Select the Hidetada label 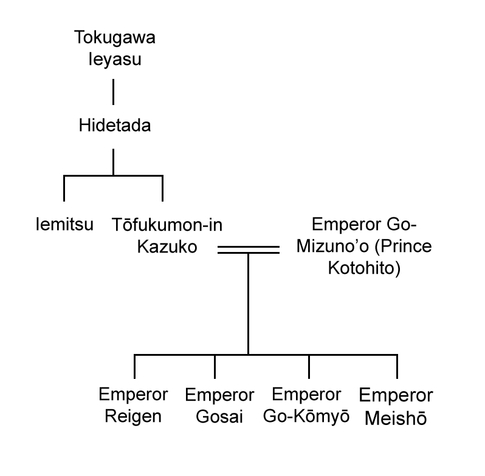(x=115, y=126)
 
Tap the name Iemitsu (x=64, y=225)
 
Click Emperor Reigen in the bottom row (x=133, y=406)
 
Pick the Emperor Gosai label (x=219, y=406)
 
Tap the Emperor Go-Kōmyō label (x=308, y=406)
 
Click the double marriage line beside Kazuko (x=248, y=250)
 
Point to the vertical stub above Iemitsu (x=64, y=188)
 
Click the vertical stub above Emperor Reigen (x=134, y=366)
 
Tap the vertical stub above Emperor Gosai (x=215, y=366)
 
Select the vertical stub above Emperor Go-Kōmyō (x=309, y=366)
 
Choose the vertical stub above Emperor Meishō (x=397, y=366)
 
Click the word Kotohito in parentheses (x=363, y=268)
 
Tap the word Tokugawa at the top (x=114, y=38)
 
